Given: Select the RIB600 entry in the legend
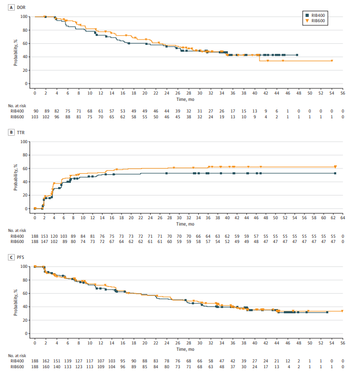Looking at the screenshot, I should coord(317,21).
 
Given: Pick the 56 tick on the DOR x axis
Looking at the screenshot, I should coord(343,92).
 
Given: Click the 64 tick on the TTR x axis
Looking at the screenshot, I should coord(343,217).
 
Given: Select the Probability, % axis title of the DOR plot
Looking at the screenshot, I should coord(16,50).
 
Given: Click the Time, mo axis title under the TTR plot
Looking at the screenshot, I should coord(189,223).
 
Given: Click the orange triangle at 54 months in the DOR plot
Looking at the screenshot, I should coord(332,61).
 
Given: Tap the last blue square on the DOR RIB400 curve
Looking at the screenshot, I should coord(297,55).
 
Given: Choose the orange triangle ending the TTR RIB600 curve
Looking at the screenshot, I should coord(335,167).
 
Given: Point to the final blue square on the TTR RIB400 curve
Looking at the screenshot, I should coord(335,173).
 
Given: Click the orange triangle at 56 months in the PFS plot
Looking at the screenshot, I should coord(343,311).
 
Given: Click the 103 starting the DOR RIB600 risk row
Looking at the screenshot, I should coord(35,117).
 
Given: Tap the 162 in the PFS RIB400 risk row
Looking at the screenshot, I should coord(45,361).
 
